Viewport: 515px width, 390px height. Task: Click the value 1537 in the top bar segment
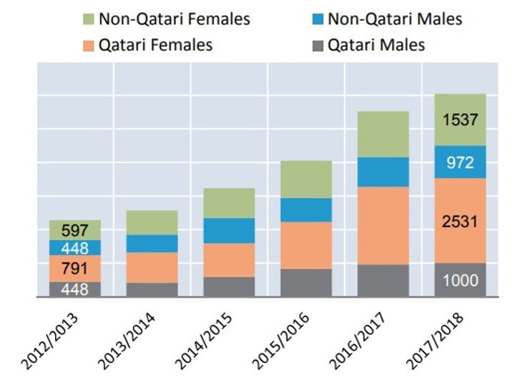459,120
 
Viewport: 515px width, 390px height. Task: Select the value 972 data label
459,162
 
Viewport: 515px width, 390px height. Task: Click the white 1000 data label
459,281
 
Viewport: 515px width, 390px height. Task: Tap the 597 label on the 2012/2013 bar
74,230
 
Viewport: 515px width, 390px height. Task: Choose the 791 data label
74,269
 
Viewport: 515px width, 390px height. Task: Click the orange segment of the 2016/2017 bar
383,225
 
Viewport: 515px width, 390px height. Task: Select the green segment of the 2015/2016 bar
305,179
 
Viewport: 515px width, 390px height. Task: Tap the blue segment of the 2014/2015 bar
229,230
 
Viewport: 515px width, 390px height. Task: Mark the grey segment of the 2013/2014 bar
152,290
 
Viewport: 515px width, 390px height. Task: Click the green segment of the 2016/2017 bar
383,134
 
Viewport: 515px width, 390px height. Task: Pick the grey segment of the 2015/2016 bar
305,283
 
